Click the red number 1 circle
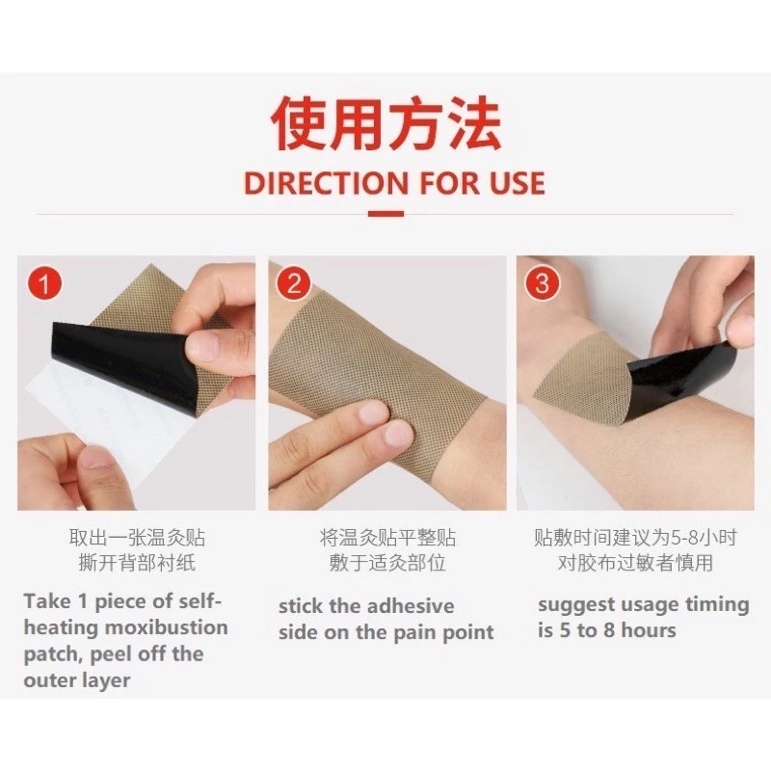click(44, 283)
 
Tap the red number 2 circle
click(294, 283)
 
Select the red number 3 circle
click(542, 283)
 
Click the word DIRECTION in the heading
click(326, 183)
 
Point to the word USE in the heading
click(517, 183)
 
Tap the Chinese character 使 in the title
click(300, 123)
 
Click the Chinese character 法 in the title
click(472, 123)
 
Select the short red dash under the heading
click(386, 214)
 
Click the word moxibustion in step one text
click(167, 627)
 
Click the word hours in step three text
click(649, 630)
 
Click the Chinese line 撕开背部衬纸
click(137, 563)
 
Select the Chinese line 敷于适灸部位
click(387, 563)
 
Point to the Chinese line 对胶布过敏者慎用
click(635, 563)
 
